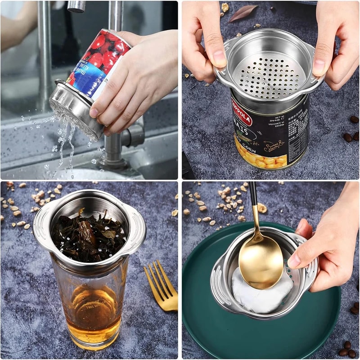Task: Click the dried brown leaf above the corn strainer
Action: [x=243, y=13]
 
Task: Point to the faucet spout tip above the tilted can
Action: [x=76, y=7]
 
